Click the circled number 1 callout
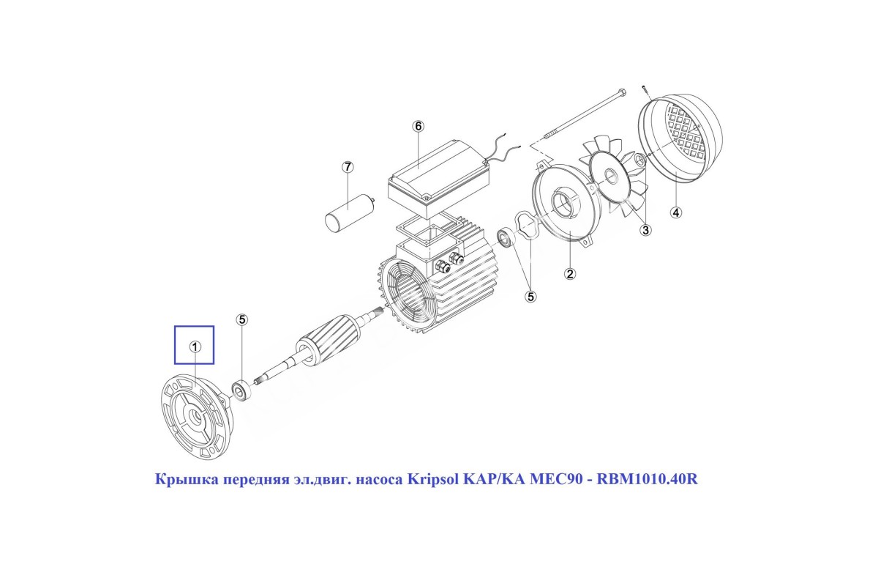(x=195, y=346)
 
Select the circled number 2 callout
(x=569, y=273)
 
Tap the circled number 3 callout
(x=645, y=230)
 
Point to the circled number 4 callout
(x=676, y=212)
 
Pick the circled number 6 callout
(x=419, y=126)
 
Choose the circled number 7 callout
(x=348, y=167)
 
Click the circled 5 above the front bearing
(x=242, y=319)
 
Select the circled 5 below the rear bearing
(x=530, y=297)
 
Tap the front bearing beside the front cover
(x=241, y=390)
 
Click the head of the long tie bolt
(x=622, y=93)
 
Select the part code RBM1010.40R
(x=647, y=479)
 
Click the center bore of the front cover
(x=195, y=415)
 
